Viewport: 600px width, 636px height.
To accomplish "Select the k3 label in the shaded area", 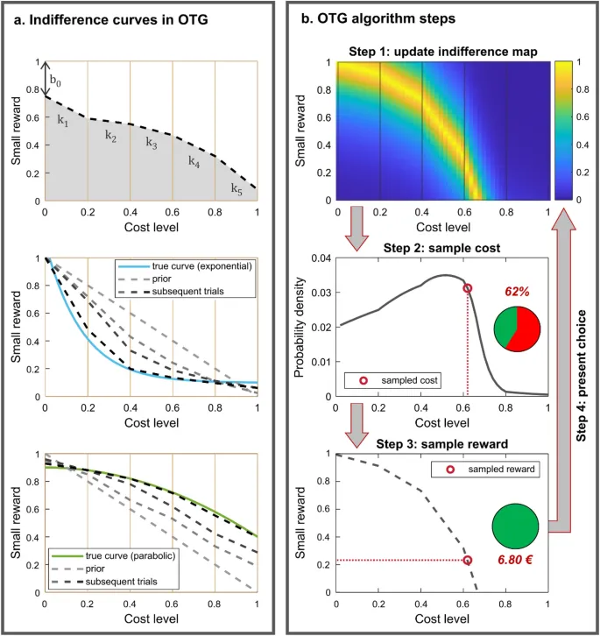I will (152, 142).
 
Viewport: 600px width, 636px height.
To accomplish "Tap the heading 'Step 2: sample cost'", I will (442, 248).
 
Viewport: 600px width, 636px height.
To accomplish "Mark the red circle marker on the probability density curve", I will (468, 287).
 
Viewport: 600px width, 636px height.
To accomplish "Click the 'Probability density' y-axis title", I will (300, 326).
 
